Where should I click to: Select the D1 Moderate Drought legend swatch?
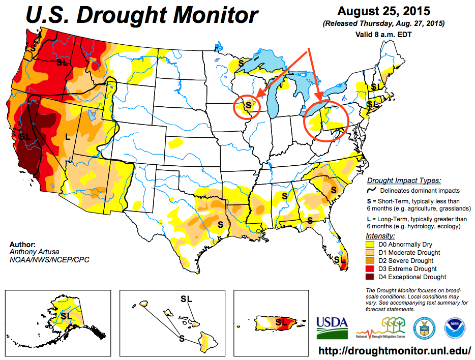(370, 253)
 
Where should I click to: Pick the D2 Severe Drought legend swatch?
(370, 261)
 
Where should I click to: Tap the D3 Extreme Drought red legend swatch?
(370, 269)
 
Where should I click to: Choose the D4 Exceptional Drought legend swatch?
(370, 277)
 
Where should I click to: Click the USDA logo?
(332, 328)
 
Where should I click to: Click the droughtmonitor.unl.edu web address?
(395, 351)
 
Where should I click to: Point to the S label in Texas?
(221, 223)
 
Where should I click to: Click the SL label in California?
(25, 136)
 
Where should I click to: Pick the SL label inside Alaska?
(66, 316)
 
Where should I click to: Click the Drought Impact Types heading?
(404, 181)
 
